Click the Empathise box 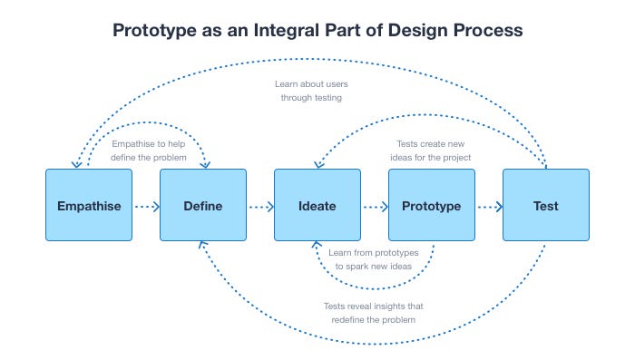point(88,205)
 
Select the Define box point(202,205)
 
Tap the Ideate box point(317,205)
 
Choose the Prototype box point(431,205)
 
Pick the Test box point(545,205)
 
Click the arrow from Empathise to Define point(145,206)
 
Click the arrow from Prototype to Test point(488,206)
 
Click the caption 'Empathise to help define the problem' point(149,151)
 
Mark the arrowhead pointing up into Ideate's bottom point(316,246)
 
